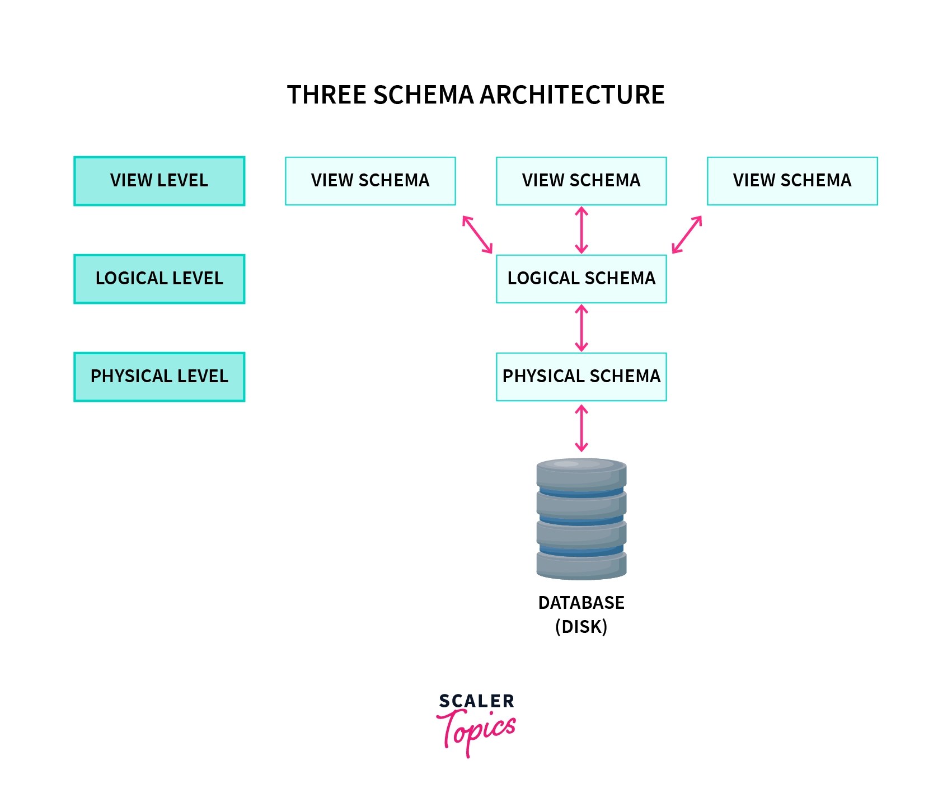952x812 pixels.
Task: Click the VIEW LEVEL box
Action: point(159,181)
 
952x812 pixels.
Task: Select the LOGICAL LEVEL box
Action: point(159,279)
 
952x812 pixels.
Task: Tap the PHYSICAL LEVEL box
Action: point(159,377)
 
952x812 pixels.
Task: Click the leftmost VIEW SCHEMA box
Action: point(370,181)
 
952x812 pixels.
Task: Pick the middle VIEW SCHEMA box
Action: point(581,181)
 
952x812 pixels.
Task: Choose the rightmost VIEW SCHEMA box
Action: point(792,181)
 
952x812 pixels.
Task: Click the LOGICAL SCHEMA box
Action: point(581,279)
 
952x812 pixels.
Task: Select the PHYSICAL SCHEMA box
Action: point(581,377)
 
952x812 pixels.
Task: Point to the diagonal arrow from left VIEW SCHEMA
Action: point(477,235)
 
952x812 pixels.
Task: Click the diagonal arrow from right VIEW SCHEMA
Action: point(687,235)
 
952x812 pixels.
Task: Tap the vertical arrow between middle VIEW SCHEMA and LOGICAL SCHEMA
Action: point(581,230)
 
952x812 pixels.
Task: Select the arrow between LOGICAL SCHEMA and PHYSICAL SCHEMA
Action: point(581,328)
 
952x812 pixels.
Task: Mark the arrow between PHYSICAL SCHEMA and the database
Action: point(581,428)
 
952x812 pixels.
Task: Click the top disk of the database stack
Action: point(581,473)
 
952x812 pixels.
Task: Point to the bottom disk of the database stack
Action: point(581,565)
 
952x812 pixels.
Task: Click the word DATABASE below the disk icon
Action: point(581,603)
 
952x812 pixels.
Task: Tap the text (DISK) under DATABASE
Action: point(581,627)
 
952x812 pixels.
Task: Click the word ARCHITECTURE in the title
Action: point(572,95)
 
